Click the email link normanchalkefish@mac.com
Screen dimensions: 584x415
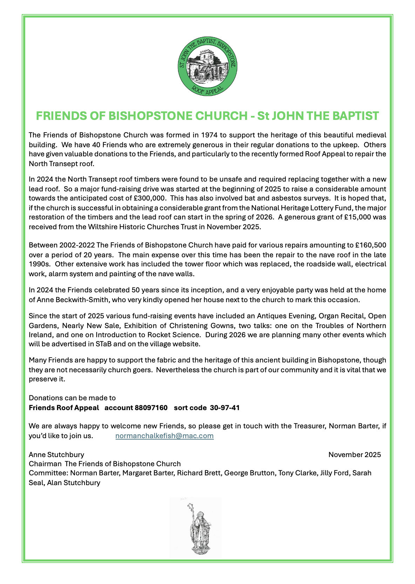(x=164, y=436)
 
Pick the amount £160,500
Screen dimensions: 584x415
(x=371, y=245)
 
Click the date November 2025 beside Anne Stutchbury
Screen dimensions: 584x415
(x=354, y=455)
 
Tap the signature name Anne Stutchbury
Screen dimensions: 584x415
(x=56, y=455)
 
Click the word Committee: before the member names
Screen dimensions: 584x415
(x=48, y=473)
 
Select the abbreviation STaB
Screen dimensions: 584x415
(x=104, y=344)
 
